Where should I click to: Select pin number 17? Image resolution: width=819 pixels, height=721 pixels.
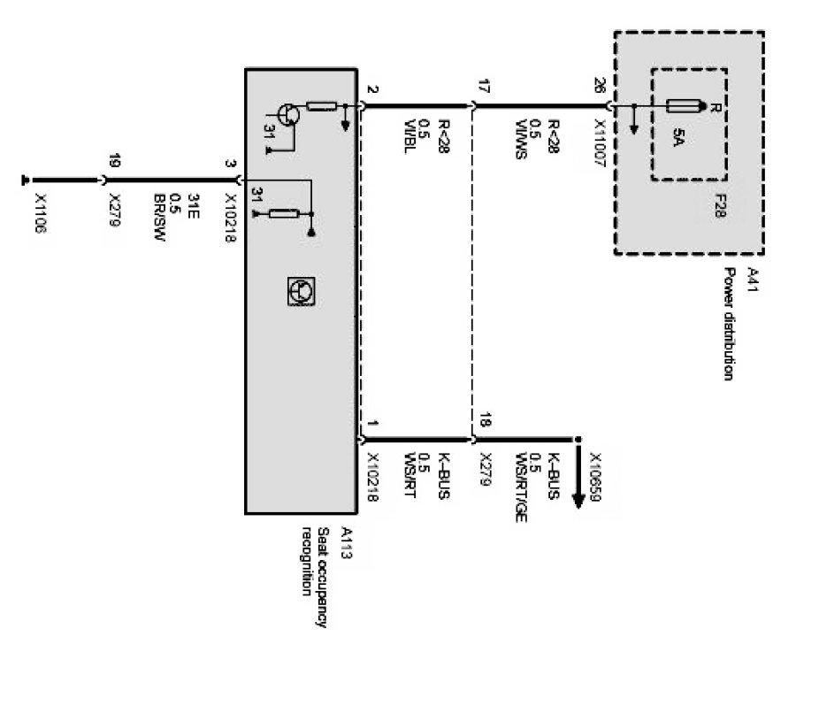pos(483,86)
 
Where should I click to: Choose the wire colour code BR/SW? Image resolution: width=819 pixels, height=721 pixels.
pos(159,218)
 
